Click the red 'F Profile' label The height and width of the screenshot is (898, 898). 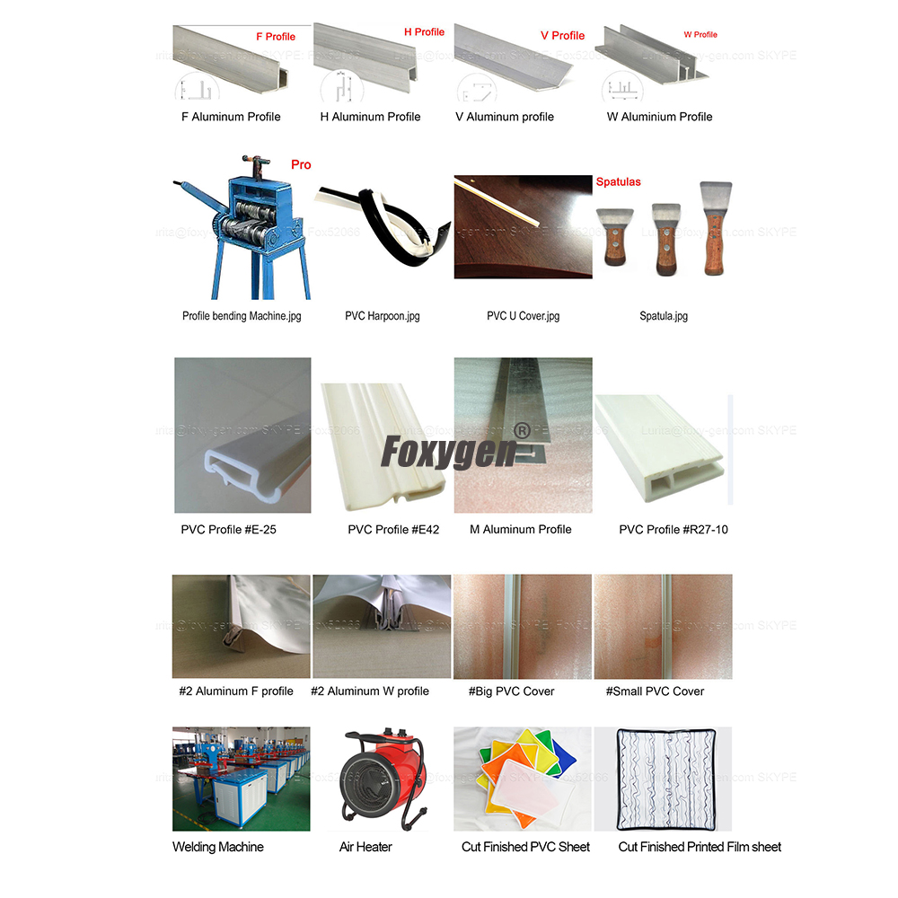[276, 37]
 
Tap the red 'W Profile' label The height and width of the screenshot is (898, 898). [700, 35]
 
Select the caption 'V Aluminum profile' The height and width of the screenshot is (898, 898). [505, 117]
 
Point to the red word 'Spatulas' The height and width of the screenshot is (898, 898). [619, 181]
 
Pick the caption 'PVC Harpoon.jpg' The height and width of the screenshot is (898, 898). [383, 316]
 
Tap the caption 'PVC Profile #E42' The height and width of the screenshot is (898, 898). [393, 530]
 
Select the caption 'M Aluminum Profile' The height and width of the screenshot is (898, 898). [521, 530]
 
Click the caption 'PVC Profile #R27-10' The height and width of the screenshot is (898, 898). [673, 530]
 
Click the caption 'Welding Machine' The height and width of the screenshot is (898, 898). [218, 847]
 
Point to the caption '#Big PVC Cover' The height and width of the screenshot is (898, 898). [512, 691]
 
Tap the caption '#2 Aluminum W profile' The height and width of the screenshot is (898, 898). [370, 691]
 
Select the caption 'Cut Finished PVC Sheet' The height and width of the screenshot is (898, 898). [526, 847]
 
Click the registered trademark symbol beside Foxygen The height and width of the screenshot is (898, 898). [518, 430]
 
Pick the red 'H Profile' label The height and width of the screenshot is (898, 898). [425, 32]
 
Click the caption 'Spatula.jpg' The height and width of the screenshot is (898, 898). [664, 316]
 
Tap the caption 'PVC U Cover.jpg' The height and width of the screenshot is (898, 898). [523, 316]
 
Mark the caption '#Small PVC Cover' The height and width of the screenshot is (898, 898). [655, 691]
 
